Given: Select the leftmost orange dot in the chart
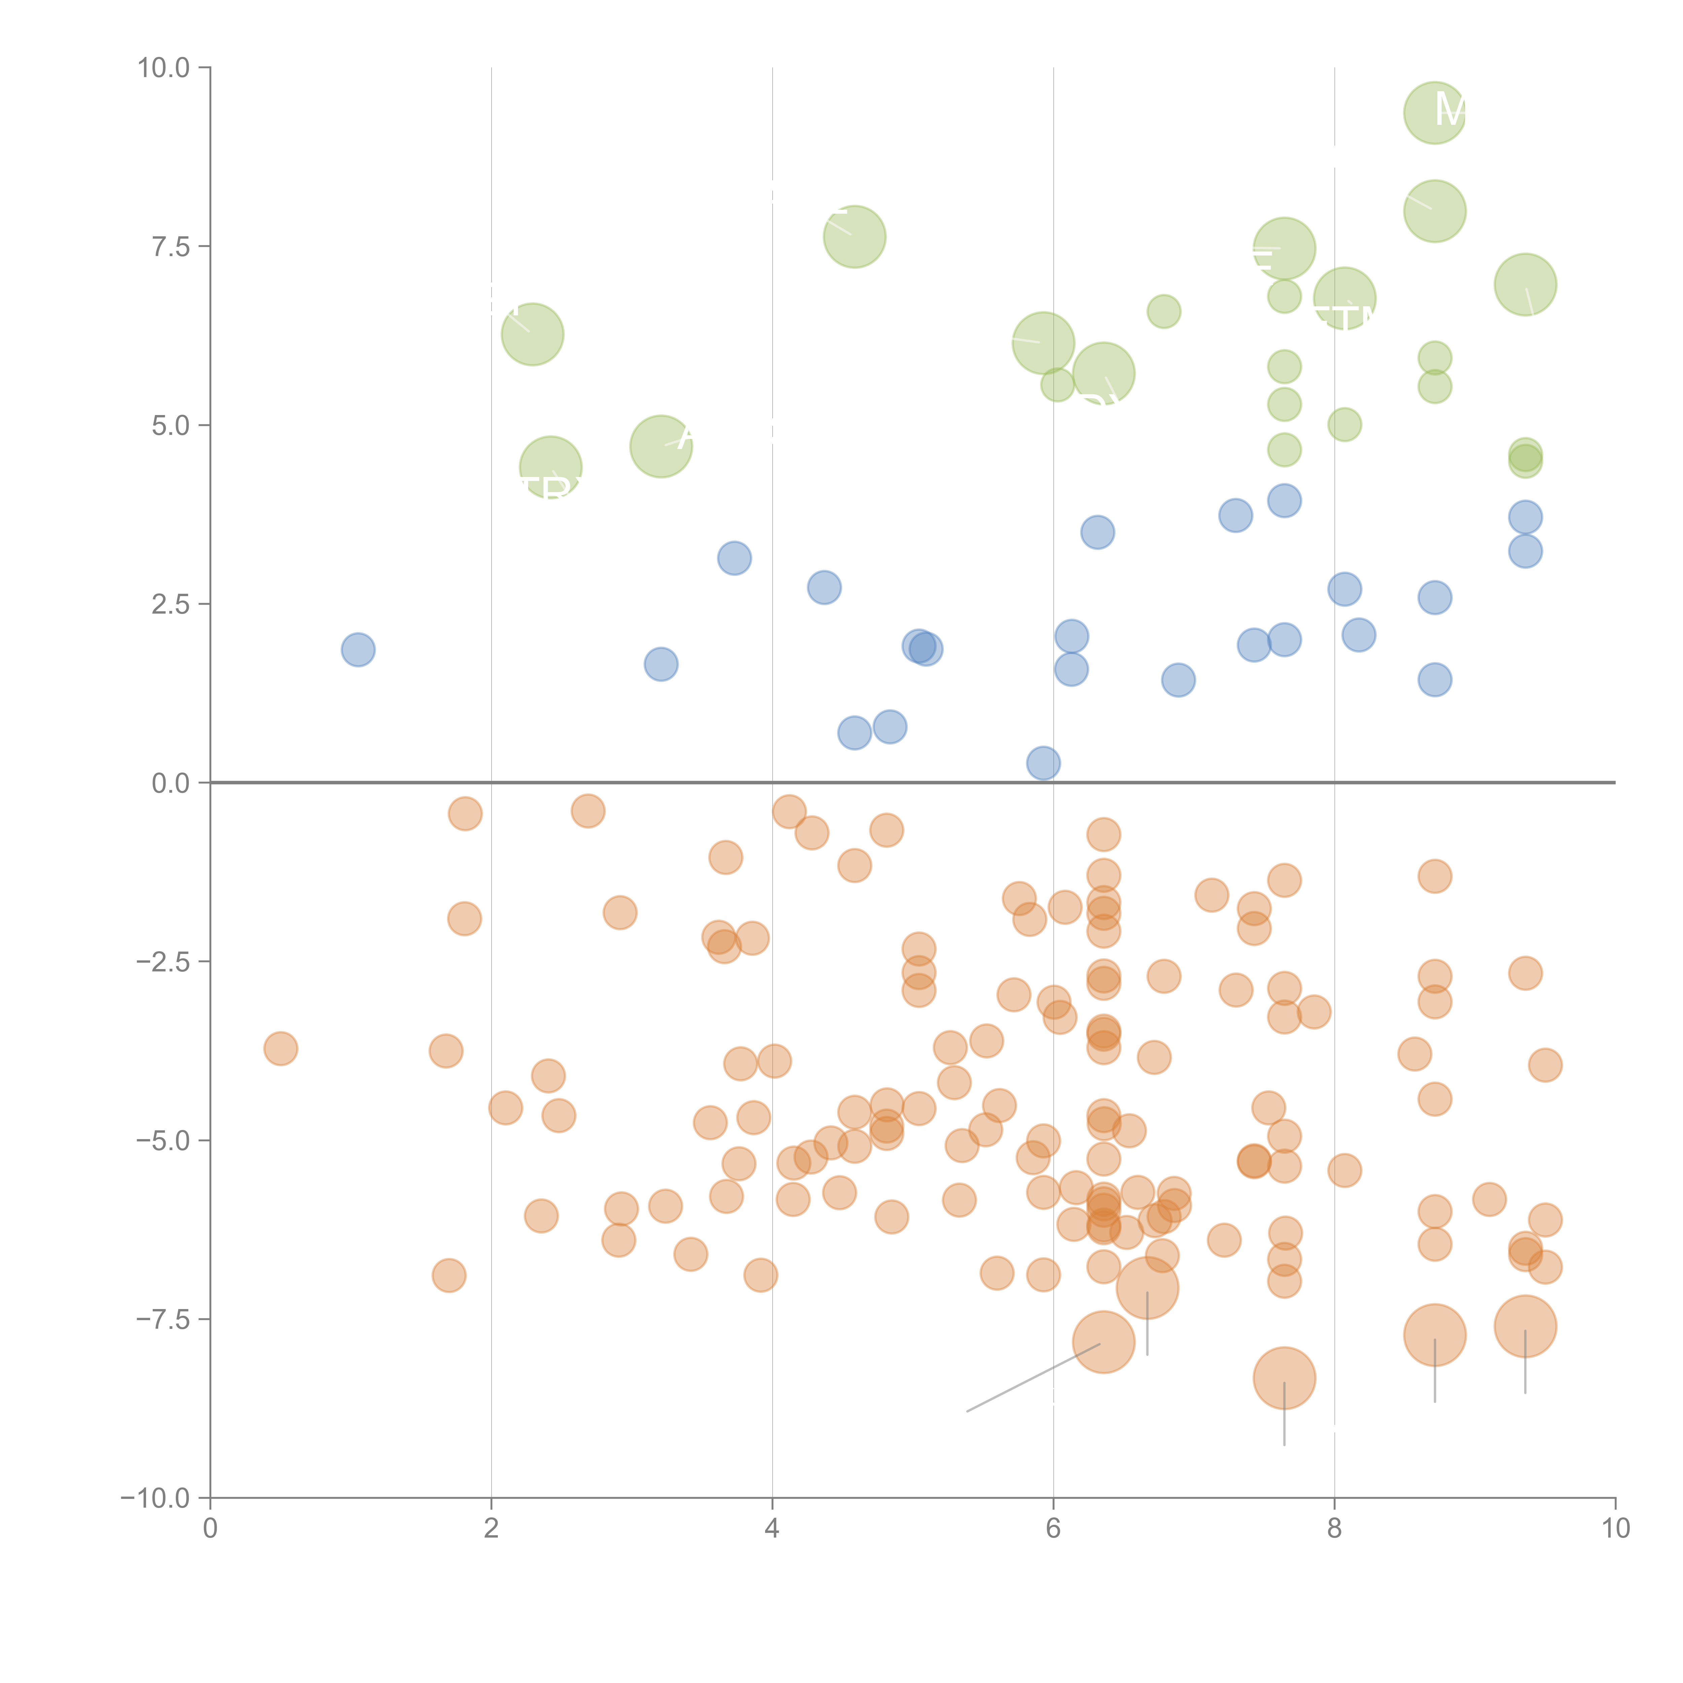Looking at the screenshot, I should point(280,1049).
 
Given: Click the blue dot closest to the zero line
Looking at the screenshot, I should point(1043,763).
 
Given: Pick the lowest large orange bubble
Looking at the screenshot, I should point(1284,1378).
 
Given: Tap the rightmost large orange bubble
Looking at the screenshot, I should point(1525,1327).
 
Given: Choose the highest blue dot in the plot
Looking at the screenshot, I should point(1284,501).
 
